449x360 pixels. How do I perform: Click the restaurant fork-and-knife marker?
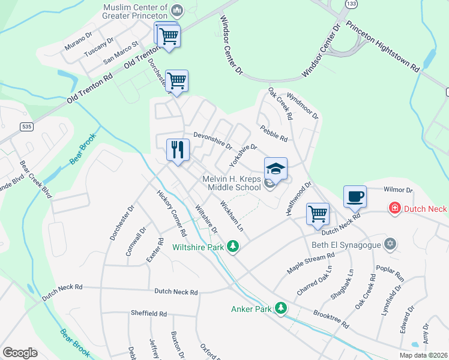178,149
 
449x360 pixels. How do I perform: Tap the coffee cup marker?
355,196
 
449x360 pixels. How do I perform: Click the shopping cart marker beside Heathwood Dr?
318,213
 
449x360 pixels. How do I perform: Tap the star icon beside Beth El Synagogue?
391,244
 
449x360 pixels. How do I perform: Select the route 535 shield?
26,127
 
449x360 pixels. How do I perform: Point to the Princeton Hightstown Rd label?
383,49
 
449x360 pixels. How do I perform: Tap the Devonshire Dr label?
212,141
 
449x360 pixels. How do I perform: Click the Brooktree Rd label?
331,319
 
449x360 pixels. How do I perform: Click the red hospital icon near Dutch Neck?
395,209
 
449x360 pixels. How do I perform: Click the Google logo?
20,353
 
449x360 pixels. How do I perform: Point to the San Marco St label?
121,52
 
